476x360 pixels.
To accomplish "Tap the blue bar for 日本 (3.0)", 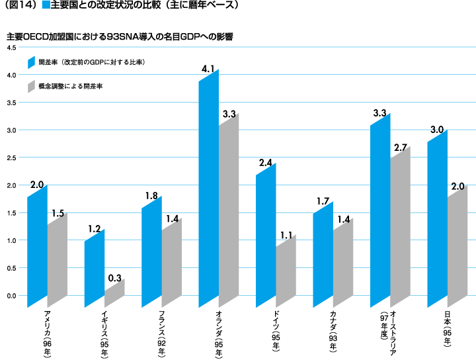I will click(x=437, y=218).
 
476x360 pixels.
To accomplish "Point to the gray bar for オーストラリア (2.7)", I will click(x=400, y=225).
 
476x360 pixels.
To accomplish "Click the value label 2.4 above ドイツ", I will click(x=266, y=162).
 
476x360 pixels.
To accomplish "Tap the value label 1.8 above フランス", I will click(x=151, y=195).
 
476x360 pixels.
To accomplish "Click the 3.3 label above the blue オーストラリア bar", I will click(x=379, y=113).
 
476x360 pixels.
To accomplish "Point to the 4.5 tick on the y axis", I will click(x=11, y=48).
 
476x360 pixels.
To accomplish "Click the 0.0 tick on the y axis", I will click(x=11, y=296).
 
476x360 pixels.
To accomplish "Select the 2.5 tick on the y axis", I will click(x=11, y=158).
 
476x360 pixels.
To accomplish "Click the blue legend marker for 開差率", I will click(x=30, y=62).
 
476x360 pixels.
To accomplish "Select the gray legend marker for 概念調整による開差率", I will click(x=30, y=86).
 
